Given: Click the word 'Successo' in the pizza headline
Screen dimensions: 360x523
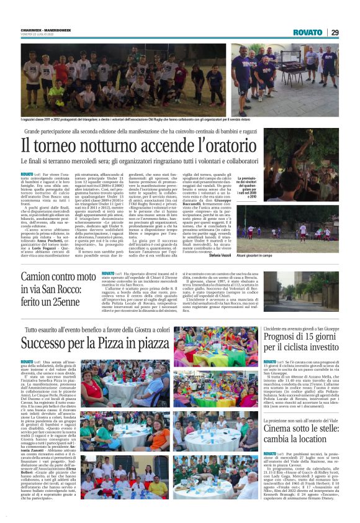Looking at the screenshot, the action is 47,343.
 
